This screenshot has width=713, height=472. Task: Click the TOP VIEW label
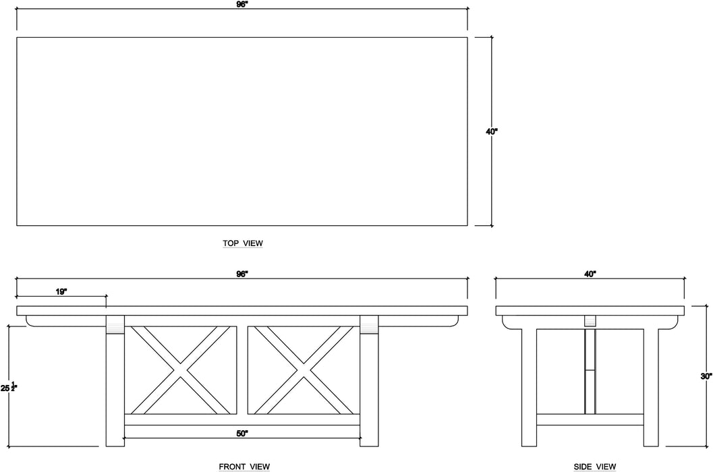(x=243, y=243)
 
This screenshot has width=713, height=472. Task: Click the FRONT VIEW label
(x=244, y=467)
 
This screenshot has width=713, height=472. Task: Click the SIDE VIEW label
(x=595, y=467)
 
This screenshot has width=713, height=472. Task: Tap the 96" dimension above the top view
(x=242, y=4)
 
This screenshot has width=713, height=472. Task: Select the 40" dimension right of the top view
(x=492, y=132)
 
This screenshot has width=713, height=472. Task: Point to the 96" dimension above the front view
(x=242, y=274)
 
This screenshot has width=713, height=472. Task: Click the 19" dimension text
(x=61, y=292)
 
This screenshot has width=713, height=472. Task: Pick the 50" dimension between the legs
(x=242, y=434)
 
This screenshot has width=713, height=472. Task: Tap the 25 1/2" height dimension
(x=9, y=388)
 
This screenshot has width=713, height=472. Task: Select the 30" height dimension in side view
(x=706, y=376)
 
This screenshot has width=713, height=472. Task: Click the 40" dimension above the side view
(x=590, y=274)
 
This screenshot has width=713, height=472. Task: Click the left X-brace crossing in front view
(x=181, y=370)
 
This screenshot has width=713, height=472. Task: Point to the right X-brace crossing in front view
(x=304, y=370)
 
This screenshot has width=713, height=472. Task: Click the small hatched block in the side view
(x=590, y=320)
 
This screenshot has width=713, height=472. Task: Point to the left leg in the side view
(x=529, y=386)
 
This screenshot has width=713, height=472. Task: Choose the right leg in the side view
(x=651, y=386)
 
